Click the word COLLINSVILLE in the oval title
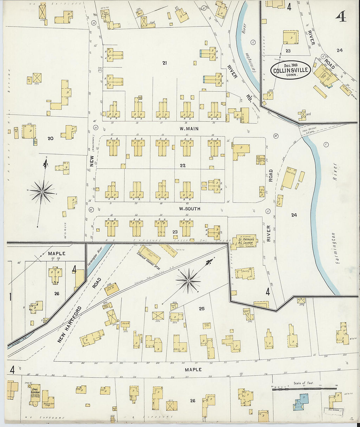[x=290, y=70]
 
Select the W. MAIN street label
[x=189, y=129]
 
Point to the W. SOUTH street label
[x=189, y=209]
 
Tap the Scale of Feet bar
[x=304, y=389]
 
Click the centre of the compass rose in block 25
[x=188, y=281]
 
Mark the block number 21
[x=164, y=63]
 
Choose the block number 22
[x=183, y=166]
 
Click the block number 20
[x=50, y=138]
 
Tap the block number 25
[x=202, y=309]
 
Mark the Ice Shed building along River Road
[x=345, y=89]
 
